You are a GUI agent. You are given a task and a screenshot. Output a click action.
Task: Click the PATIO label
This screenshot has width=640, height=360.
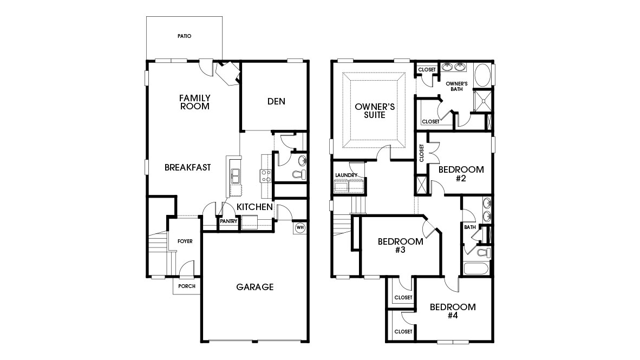click(x=185, y=36)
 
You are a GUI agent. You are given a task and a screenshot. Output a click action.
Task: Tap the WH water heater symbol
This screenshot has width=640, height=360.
click(x=299, y=227)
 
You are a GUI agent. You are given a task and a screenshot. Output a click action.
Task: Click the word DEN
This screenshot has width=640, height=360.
click(x=276, y=101)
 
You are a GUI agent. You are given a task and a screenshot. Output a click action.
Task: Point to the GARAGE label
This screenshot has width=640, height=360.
click(x=254, y=287)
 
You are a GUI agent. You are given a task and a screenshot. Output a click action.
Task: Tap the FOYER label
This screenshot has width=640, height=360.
click(x=186, y=241)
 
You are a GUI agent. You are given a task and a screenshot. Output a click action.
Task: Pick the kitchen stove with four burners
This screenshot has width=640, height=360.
click(x=266, y=175)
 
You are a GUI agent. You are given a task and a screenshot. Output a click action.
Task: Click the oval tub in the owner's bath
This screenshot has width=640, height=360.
click(x=482, y=75)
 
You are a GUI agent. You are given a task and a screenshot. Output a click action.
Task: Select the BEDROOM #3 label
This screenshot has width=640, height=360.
click(x=400, y=246)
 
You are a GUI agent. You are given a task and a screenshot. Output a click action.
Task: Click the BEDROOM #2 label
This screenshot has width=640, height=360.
click(x=461, y=174)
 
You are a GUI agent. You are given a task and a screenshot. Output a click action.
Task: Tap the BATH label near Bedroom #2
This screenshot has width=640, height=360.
click(x=469, y=227)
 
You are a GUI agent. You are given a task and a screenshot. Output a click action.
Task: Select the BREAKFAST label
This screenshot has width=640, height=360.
click(x=187, y=167)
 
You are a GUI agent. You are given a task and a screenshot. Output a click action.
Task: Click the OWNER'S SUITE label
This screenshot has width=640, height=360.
click(x=374, y=111)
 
